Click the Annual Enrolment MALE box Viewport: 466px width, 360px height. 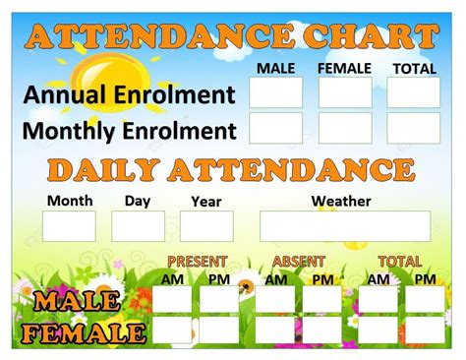[275, 92]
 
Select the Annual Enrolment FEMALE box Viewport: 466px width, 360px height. [345, 92]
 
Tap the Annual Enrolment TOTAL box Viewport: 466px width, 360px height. [413, 92]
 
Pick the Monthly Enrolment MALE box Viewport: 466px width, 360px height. [275, 129]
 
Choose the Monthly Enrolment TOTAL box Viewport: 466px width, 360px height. [413, 129]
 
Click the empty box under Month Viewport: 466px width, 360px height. [69, 226]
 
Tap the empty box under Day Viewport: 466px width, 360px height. [138, 226]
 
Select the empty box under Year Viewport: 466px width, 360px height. [206, 226]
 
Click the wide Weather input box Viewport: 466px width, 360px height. [344, 226]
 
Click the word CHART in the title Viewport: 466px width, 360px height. [368, 37]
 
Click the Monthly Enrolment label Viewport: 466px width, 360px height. [129, 131]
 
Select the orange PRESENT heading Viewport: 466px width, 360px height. [197, 262]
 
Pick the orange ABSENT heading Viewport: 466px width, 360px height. [300, 262]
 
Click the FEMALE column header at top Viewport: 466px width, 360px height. [344, 68]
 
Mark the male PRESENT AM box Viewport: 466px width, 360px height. [173, 299]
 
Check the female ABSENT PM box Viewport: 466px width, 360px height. [322, 330]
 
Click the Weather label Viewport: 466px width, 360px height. [341, 202]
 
